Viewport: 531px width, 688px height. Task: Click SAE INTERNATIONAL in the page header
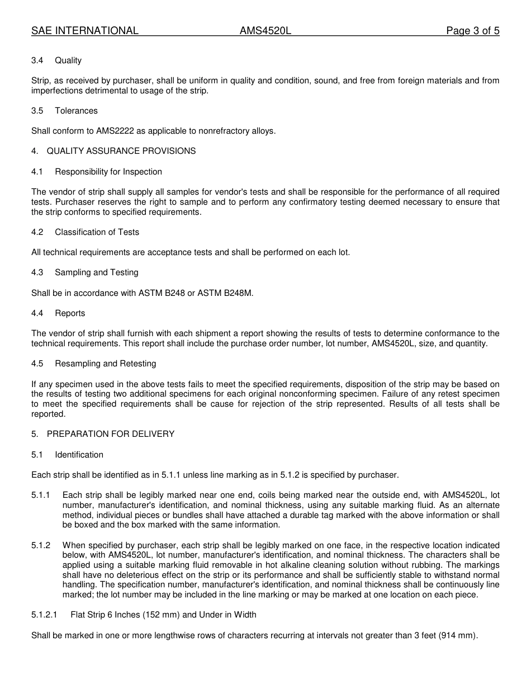click(x=84, y=31)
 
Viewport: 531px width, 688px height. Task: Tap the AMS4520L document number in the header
click(x=265, y=31)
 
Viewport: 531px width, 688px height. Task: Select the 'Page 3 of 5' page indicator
click(x=472, y=31)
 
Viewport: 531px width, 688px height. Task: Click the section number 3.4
click(x=37, y=60)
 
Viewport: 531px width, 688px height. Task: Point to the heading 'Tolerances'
click(x=76, y=111)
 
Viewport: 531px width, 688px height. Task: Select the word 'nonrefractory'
click(x=226, y=131)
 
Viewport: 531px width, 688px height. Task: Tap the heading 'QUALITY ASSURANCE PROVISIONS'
click(x=121, y=151)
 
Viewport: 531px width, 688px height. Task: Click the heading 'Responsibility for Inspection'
click(x=108, y=172)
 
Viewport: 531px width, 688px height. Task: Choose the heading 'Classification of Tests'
click(x=97, y=232)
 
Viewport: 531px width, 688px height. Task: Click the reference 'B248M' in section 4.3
click(x=239, y=293)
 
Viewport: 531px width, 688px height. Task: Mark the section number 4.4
click(x=37, y=313)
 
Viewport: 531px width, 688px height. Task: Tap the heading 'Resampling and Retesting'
click(x=105, y=364)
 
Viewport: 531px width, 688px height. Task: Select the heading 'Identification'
click(x=79, y=455)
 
